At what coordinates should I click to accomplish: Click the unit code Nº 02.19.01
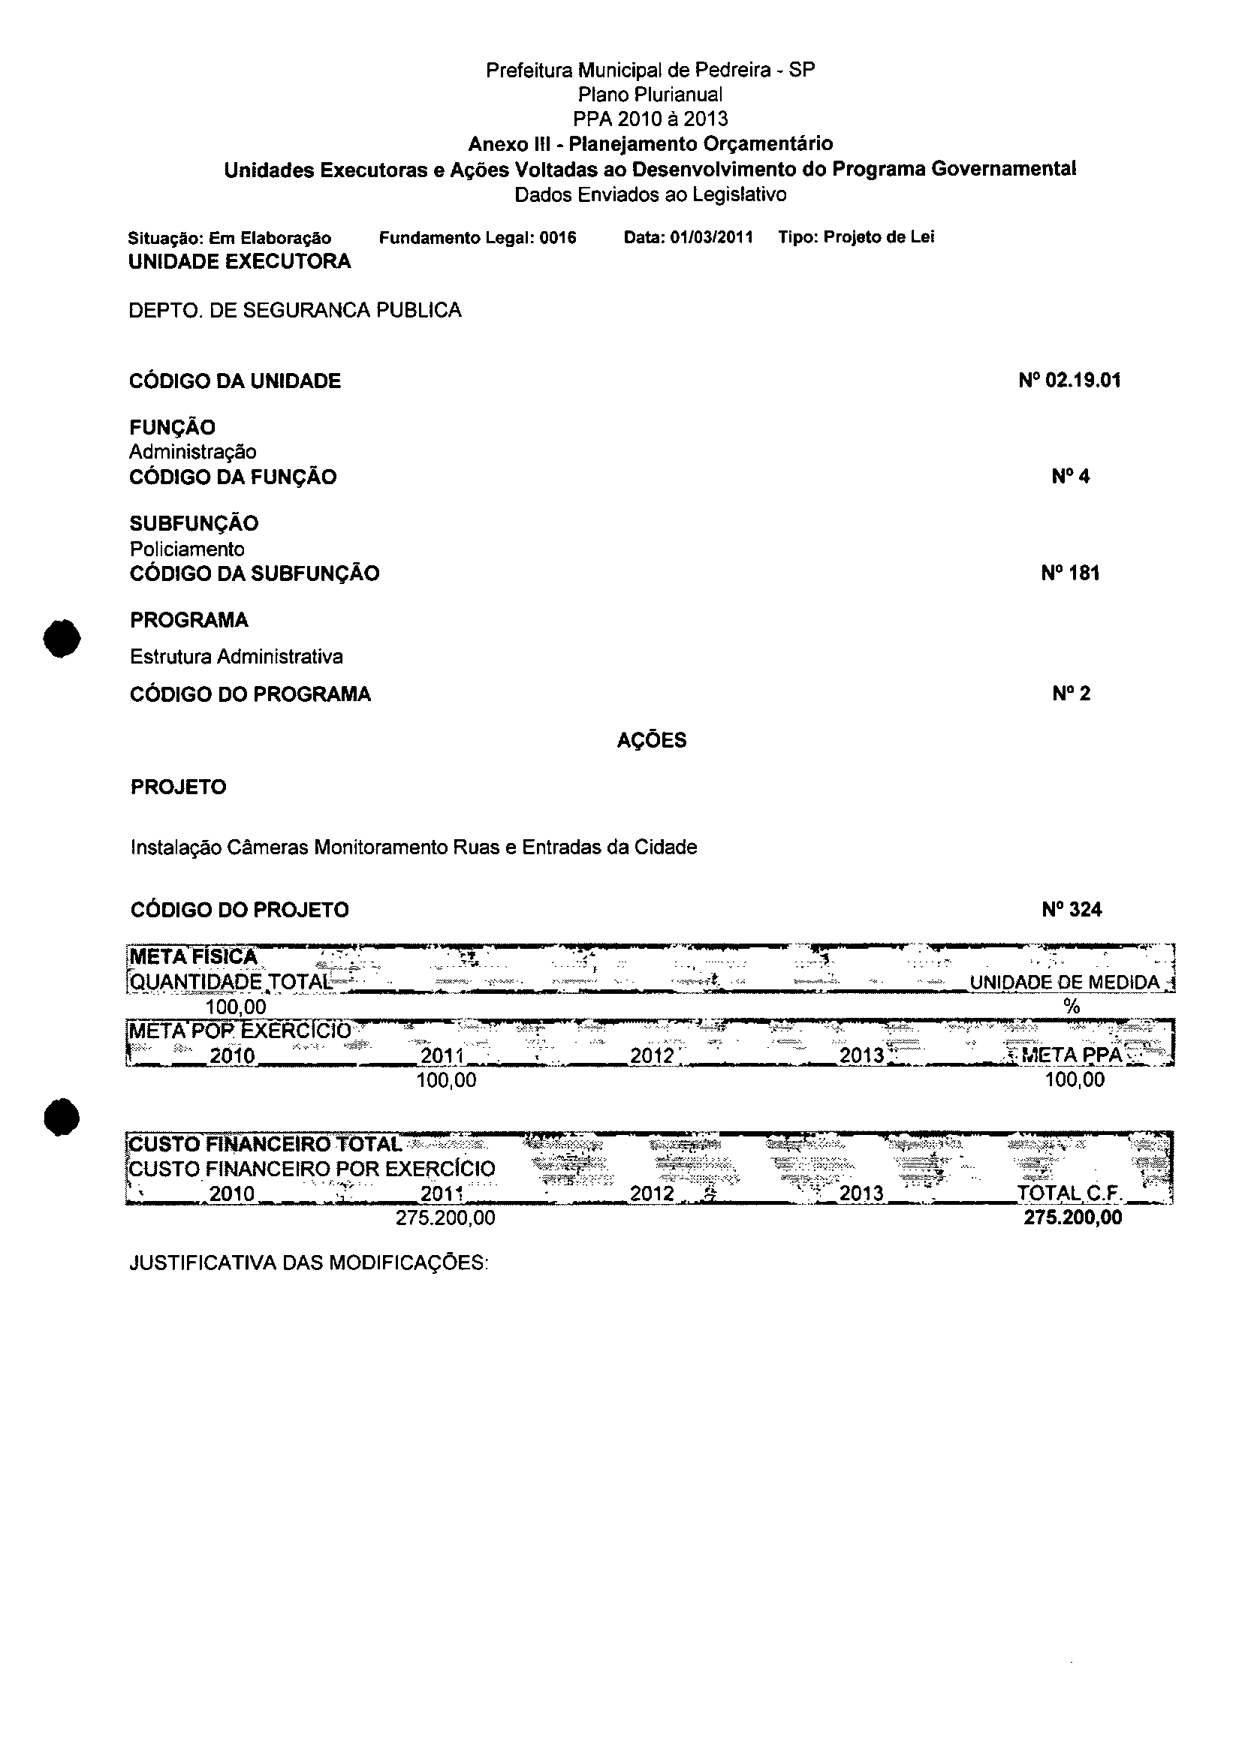1069,381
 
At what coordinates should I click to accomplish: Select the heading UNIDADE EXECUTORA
240,262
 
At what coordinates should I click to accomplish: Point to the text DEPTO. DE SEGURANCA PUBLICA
294,311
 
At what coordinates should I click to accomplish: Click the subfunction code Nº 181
1069,573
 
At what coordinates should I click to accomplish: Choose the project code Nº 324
1071,910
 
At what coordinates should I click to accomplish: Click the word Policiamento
187,549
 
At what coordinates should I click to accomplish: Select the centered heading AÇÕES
651,740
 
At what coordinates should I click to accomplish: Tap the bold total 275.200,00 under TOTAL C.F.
1072,1218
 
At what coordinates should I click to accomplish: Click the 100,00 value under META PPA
1074,1079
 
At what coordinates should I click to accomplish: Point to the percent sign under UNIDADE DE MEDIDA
1071,1007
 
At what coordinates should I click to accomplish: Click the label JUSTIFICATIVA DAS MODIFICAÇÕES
309,1263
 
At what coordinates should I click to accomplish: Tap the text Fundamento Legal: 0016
477,238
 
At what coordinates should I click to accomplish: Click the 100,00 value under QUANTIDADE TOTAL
236,1007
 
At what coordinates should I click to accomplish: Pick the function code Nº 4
1070,477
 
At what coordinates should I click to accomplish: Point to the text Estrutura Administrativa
237,657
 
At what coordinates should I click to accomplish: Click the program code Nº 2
1070,694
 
